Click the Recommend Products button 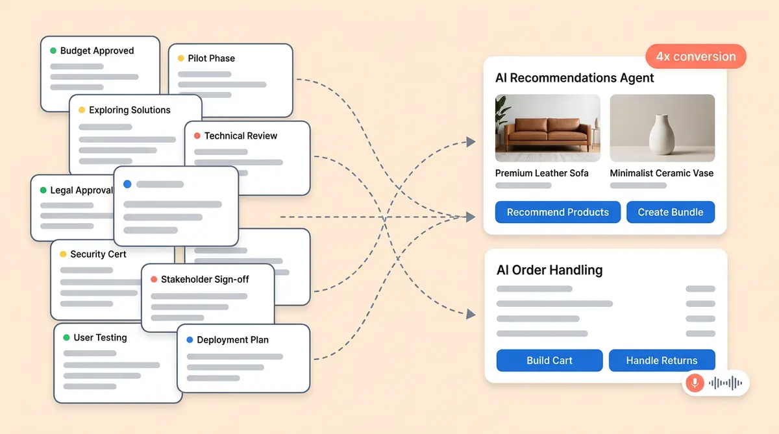[x=558, y=212]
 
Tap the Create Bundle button [x=670, y=212]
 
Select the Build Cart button [x=549, y=361]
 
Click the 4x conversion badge [x=696, y=56]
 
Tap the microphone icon [x=694, y=383]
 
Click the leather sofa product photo [x=547, y=128]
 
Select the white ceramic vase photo [x=662, y=128]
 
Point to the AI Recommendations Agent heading [x=575, y=78]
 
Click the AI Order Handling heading [x=549, y=270]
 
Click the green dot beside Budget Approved [x=53, y=51]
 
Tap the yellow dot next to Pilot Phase [x=181, y=58]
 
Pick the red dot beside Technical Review [x=197, y=136]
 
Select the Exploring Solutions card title [x=129, y=110]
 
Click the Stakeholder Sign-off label [x=204, y=279]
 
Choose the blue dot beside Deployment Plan [x=190, y=340]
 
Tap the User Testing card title [x=100, y=337]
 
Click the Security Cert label [x=98, y=254]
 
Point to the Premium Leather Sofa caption [x=541, y=173]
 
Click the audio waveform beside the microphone [x=725, y=383]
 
